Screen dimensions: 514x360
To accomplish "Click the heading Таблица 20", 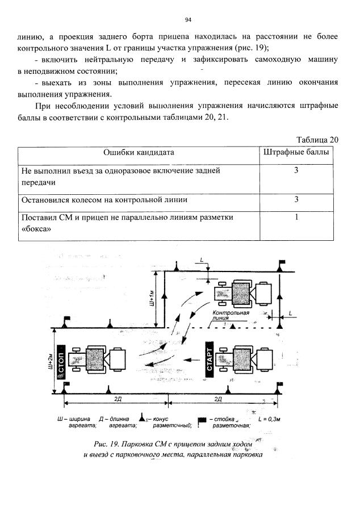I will [317, 140].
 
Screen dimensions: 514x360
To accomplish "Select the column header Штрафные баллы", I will [296, 152].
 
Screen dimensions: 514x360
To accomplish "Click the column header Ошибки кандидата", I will [139, 152].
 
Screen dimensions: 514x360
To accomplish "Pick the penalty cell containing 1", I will [296, 218].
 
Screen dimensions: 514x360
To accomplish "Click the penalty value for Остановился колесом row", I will [296, 199].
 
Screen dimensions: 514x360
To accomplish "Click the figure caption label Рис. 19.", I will [107, 443].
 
